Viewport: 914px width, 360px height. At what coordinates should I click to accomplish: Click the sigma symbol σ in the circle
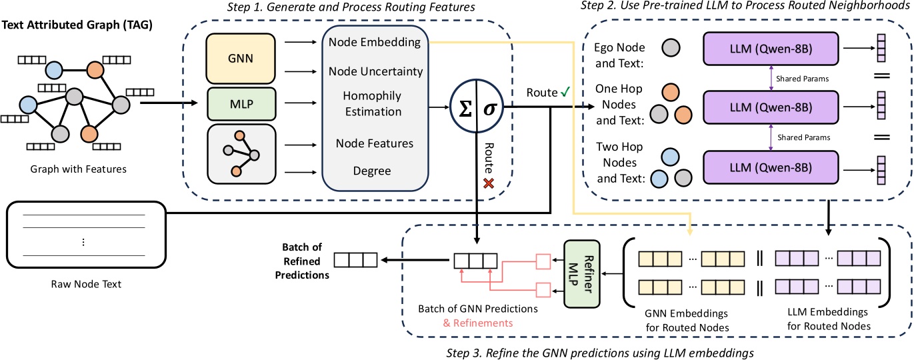[489, 108]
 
